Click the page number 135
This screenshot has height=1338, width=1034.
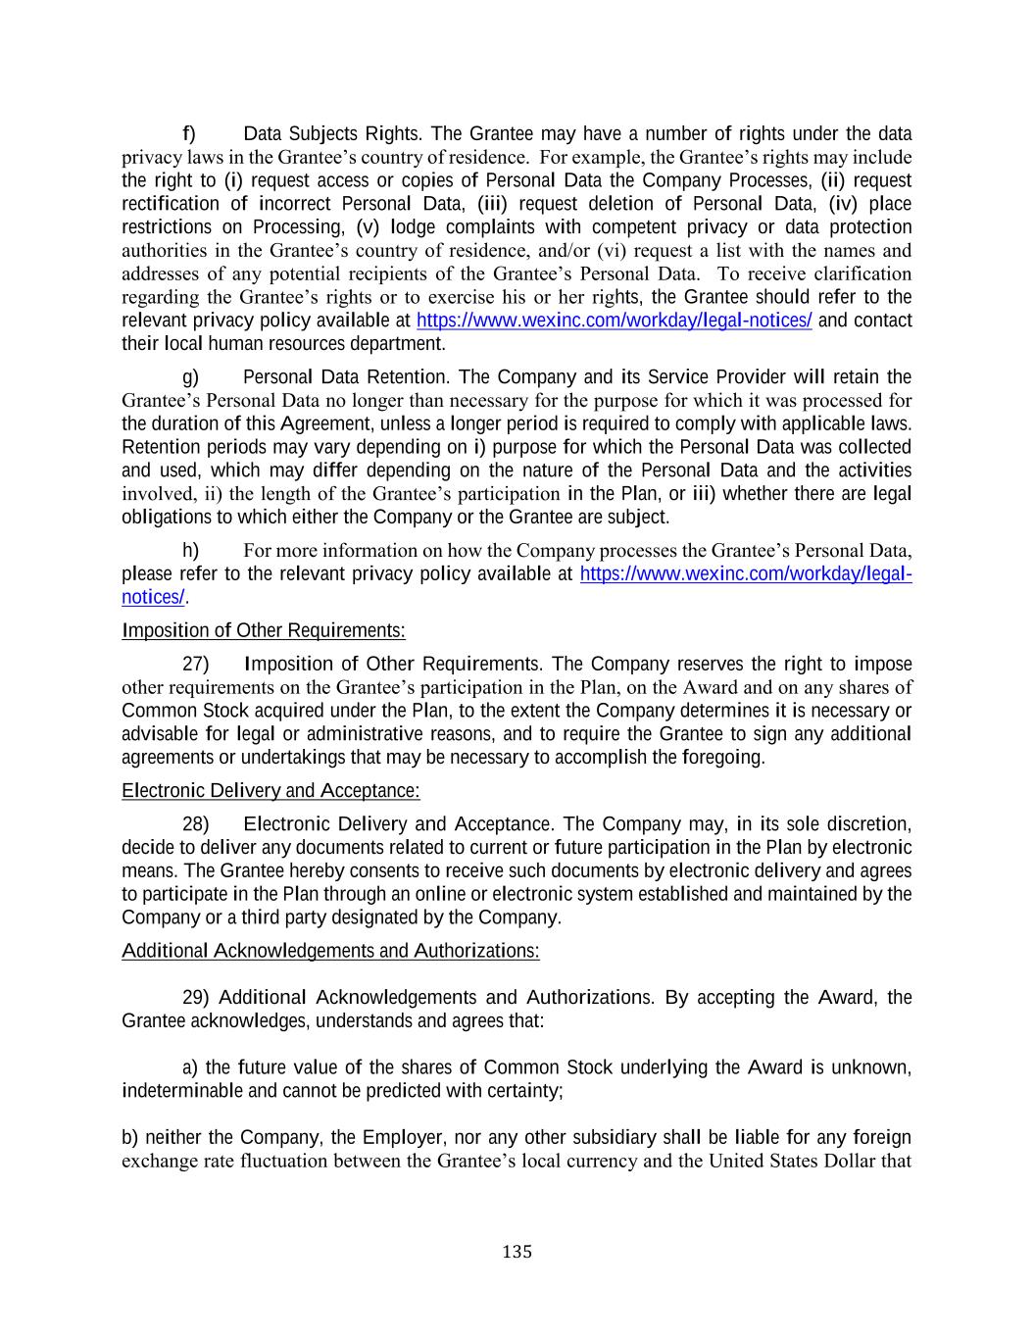(517, 1252)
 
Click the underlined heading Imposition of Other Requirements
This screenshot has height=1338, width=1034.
(263, 630)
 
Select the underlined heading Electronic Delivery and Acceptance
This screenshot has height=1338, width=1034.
(271, 791)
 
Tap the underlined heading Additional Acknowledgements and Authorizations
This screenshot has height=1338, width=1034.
(330, 951)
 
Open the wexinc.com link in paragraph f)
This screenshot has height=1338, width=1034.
(614, 321)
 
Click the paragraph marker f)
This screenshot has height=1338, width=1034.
(188, 133)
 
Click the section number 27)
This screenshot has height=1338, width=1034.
(195, 665)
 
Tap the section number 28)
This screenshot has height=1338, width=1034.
(195, 824)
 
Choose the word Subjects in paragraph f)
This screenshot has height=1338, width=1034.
(320, 134)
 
